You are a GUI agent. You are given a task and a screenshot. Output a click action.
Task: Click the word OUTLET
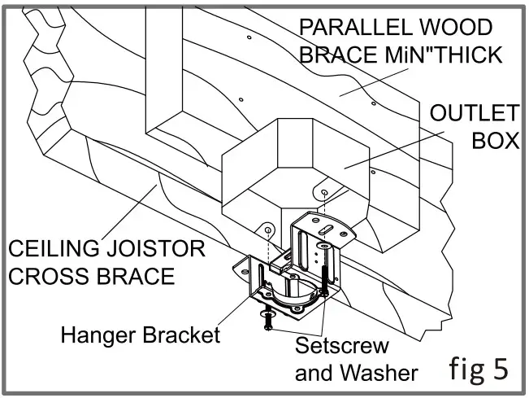click(474, 112)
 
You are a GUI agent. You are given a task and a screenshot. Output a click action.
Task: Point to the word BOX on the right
click(496, 140)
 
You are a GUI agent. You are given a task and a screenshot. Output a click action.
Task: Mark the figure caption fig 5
click(478, 367)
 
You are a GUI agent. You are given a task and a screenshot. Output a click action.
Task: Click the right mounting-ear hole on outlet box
click(325, 192)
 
